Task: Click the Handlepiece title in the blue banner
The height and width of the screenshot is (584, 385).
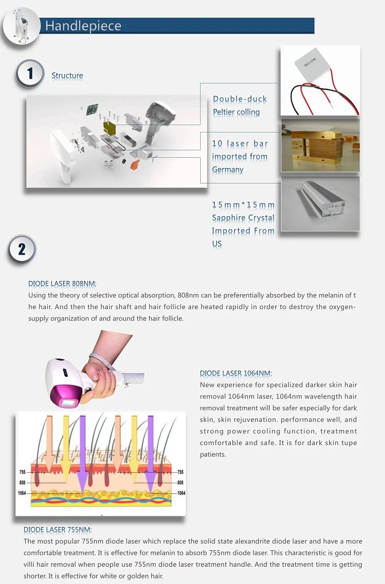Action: coord(83,26)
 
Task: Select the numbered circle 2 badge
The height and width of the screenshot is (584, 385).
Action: coord(22,249)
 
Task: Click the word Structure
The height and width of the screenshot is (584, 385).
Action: coord(67,76)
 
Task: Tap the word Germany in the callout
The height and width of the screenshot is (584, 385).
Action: coord(228,170)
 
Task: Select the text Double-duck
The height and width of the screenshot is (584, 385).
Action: coord(240,99)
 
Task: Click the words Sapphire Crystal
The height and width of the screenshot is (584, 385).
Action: coord(243,218)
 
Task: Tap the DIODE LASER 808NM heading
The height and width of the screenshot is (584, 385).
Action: coord(62,284)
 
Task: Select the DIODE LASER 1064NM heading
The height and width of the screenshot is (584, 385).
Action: coord(236,373)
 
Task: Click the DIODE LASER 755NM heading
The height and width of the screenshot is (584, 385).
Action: coord(58,530)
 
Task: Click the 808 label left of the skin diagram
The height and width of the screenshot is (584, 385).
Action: coord(22,482)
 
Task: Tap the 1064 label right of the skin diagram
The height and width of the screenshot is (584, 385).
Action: coord(181,493)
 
